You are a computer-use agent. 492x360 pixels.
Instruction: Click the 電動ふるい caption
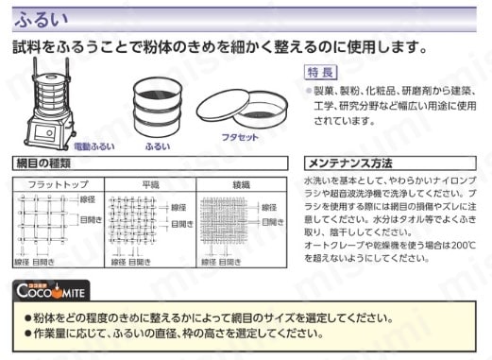tap(94, 147)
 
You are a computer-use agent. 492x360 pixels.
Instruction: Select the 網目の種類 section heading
tap(47, 163)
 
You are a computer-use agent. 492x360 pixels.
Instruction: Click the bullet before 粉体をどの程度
tap(28, 318)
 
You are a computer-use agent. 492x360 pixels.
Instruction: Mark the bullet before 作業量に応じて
tap(28, 334)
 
